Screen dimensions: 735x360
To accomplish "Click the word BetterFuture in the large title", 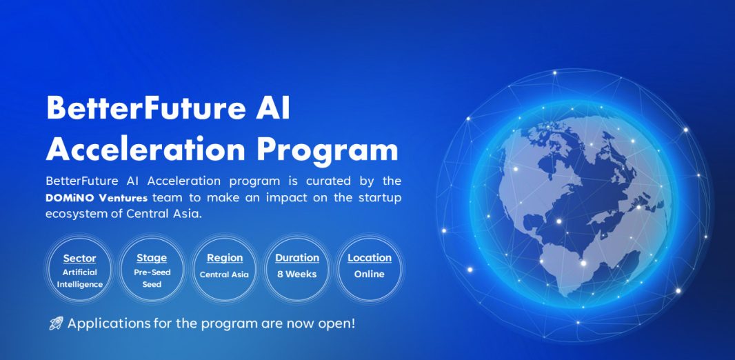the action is click(x=145, y=108).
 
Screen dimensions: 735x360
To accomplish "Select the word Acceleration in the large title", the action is click(x=145, y=150).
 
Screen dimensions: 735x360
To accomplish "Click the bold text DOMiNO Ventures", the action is click(x=97, y=198).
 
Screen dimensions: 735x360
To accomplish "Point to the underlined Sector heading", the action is click(x=80, y=259).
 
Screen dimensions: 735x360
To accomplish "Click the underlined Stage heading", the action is click(x=152, y=259).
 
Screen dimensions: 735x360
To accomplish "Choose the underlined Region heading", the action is click(x=225, y=259).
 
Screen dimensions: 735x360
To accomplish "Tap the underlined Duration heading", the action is click(x=297, y=258).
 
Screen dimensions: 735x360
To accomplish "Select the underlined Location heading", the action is click(x=370, y=258).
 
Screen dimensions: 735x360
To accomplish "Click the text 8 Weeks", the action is click(x=296, y=274).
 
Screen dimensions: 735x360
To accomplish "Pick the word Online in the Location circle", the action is click(x=370, y=274).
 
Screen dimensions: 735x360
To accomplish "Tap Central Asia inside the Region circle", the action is click(x=224, y=274).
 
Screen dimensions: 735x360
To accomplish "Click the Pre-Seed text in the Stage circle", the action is click(x=152, y=272).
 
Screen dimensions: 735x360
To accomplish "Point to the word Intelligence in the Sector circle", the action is click(x=80, y=285).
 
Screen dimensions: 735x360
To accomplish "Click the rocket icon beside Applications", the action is click(x=57, y=323).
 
